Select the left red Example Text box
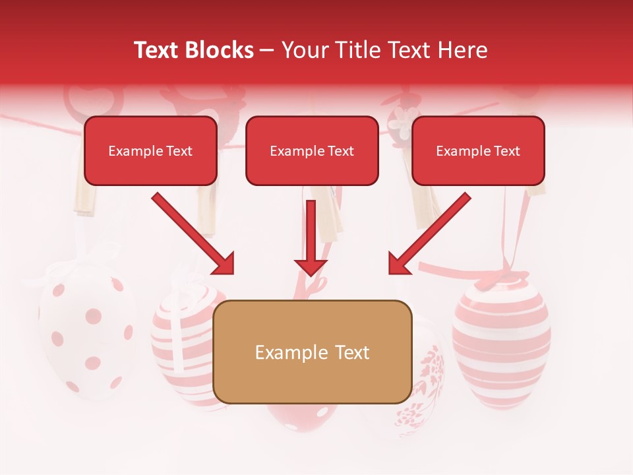[150, 151]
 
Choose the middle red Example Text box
[312, 151]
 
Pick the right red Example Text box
[478, 151]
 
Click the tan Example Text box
[313, 352]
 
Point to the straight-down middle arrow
[311, 237]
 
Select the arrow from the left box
[193, 233]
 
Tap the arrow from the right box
[429, 233]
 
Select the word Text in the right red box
[507, 151]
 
